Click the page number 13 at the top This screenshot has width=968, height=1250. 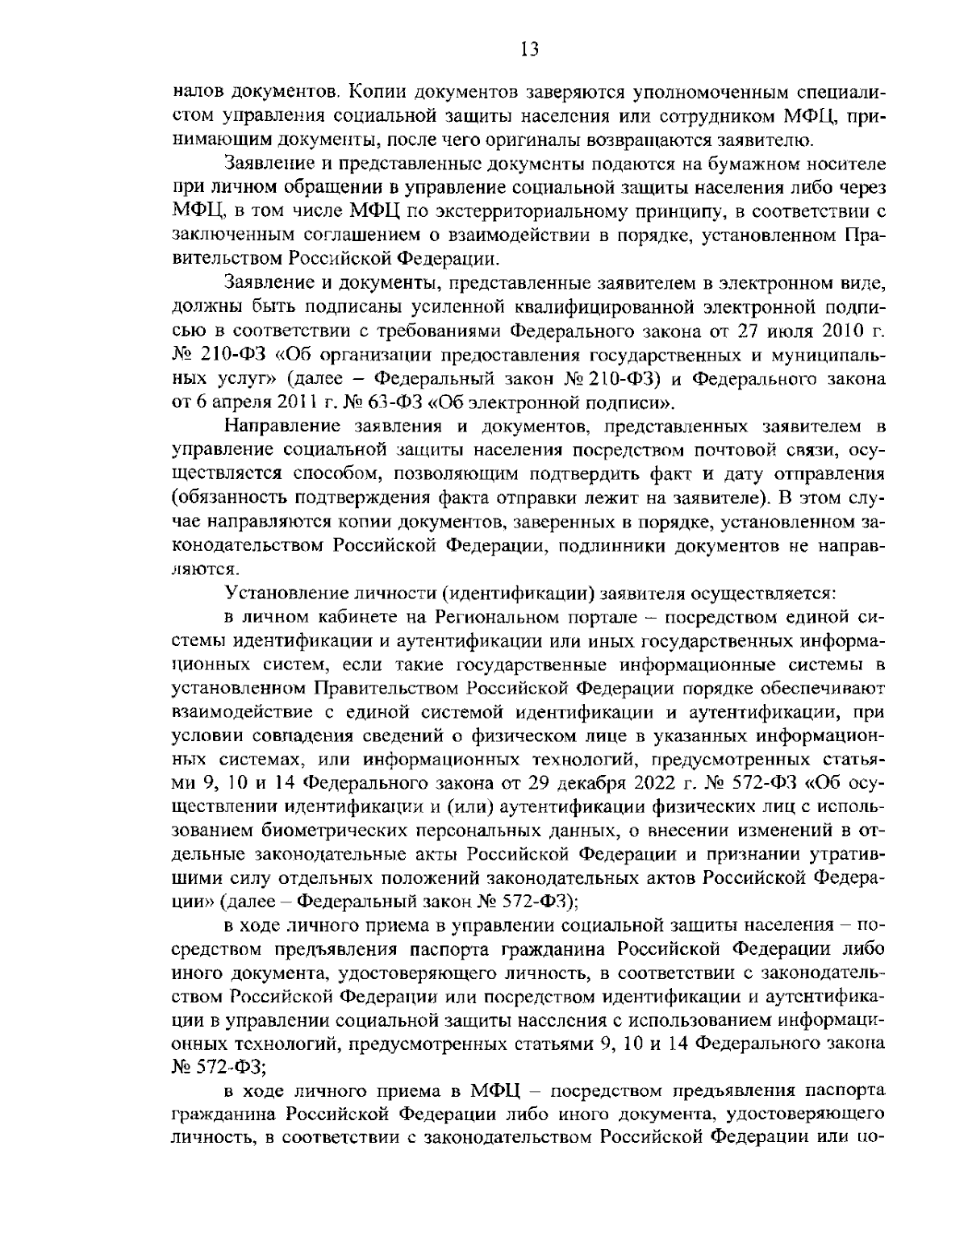[529, 51]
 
